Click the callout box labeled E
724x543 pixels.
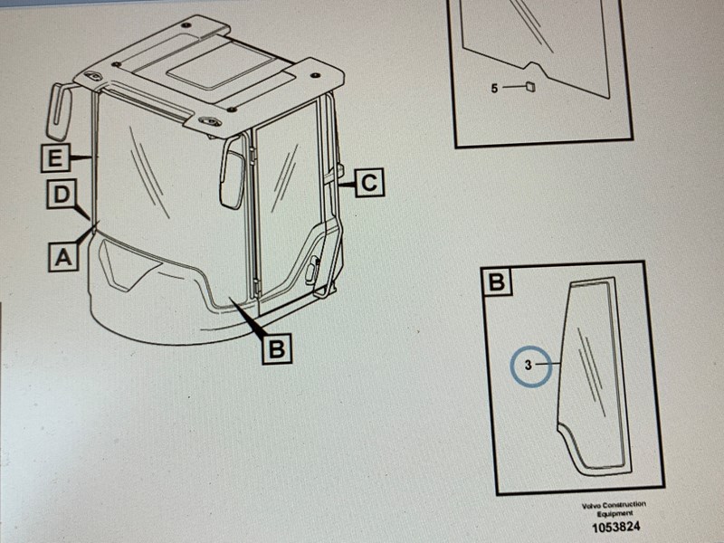(55, 157)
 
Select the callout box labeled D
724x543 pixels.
(62, 195)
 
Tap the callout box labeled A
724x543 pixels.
(63, 257)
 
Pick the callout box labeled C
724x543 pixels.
(369, 183)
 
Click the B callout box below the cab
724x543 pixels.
(277, 348)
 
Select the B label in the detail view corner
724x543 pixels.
(496, 281)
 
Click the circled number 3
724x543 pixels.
(531, 367)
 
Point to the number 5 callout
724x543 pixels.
(494, 88)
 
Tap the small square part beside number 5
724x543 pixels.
(530, 86)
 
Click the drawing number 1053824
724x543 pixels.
(616, 527)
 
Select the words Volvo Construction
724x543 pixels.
(614, 505)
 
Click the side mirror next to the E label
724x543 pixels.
(59, 111)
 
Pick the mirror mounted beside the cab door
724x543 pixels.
(233, 173)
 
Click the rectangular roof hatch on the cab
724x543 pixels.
(217, 71)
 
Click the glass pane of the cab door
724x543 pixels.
(284, 194)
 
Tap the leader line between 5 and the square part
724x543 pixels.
(513, 86)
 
